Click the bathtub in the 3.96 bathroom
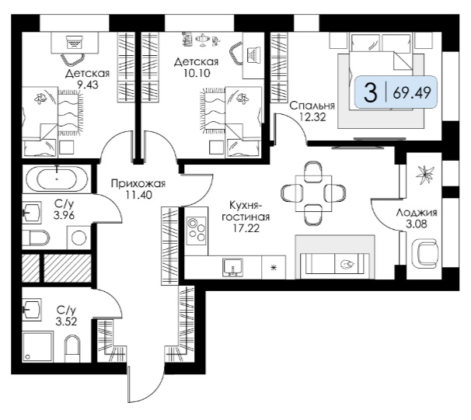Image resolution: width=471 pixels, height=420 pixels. [57, 179]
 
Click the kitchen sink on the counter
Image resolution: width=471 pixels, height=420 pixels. [233, 268]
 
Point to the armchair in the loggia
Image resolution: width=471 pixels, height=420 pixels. [424, 253]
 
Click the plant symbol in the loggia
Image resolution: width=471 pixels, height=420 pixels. [425, 175]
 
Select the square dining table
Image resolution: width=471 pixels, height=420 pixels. [313, 194]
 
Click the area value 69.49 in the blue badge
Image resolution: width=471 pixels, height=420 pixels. [412, 92]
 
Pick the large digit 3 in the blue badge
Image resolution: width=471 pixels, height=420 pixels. [371, 92]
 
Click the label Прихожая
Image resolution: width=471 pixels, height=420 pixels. [138, 183]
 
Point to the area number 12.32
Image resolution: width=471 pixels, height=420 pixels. [312, 117]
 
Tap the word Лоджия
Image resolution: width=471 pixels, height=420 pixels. [417, 213]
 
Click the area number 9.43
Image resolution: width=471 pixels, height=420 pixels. [87, 85]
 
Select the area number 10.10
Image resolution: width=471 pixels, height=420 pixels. [197, 73]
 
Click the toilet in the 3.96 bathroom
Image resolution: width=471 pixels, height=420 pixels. [36, 238]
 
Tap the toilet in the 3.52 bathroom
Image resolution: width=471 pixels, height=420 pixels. [72, 348]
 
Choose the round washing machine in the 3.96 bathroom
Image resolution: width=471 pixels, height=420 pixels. [79, 238]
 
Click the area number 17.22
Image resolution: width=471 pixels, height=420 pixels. [246, 228]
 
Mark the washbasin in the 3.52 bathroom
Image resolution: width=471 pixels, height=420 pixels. [32, 308]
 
